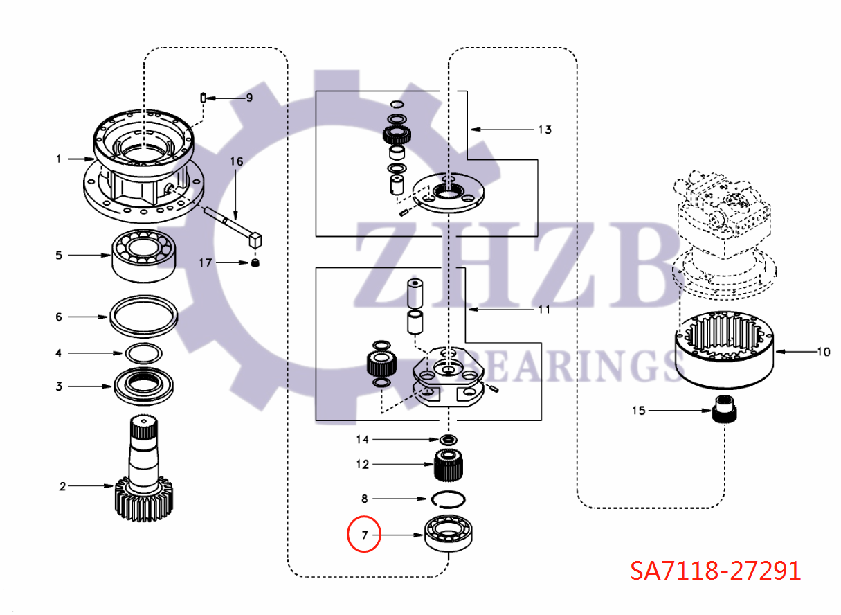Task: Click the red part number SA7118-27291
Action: click(x=715, y=571)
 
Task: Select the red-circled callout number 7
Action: click(x=364, y=535)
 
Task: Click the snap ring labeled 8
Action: click(x=450, y=499)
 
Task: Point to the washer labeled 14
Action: click(x=450, y=440)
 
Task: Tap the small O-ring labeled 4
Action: click(x=143, y=353)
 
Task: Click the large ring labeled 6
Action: click(x=143, y=316)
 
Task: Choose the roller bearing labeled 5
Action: click(x=143, y=255)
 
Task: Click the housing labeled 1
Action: click(x=142, y=166)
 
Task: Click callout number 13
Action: click(x=545, y=130)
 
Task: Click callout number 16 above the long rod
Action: click(x=237, y=161)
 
